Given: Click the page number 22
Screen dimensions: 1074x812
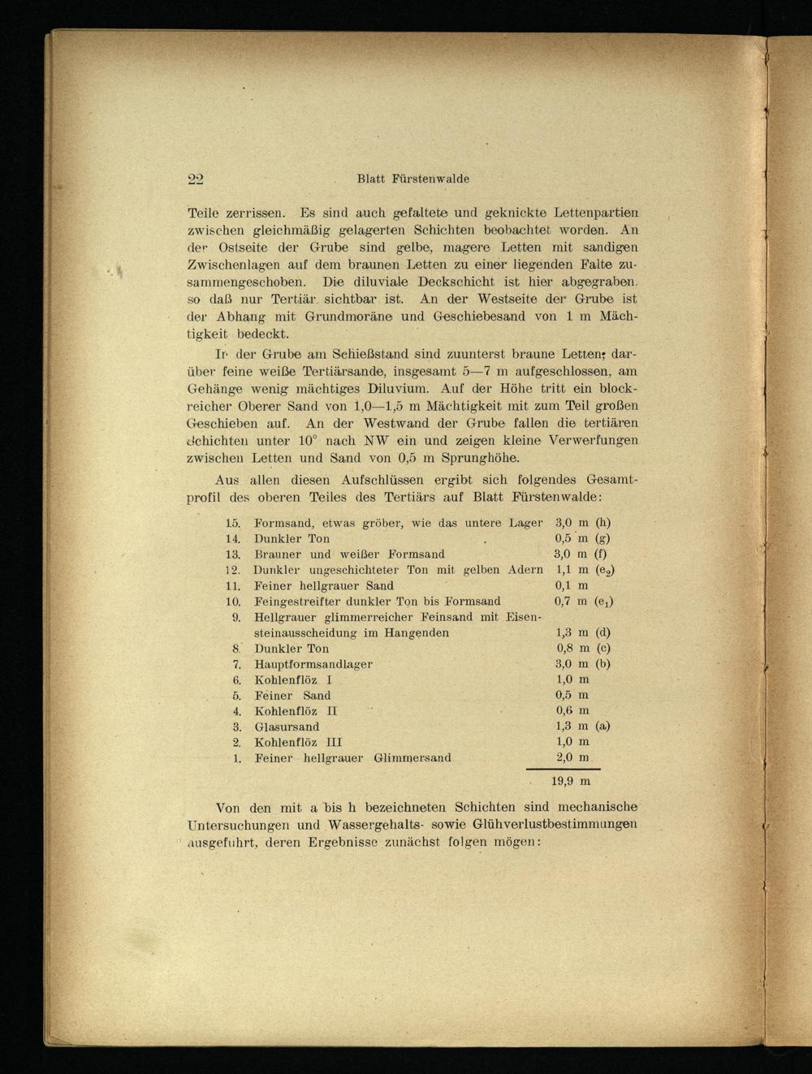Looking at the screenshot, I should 195,179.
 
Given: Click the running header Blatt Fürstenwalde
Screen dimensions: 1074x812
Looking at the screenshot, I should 412,179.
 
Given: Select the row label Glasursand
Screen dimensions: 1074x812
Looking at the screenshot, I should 287,727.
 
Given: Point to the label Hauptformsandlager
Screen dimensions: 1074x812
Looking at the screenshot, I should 313,664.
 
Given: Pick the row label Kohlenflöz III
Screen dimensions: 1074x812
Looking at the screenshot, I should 298,742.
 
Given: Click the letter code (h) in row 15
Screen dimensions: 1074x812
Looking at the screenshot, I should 603,524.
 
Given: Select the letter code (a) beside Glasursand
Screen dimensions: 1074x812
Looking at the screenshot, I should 603,727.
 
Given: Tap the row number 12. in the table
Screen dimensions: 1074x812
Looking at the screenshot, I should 233,570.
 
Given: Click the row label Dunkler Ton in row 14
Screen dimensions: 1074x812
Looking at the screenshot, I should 292,539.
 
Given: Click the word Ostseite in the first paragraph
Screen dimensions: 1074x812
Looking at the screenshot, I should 235,248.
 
